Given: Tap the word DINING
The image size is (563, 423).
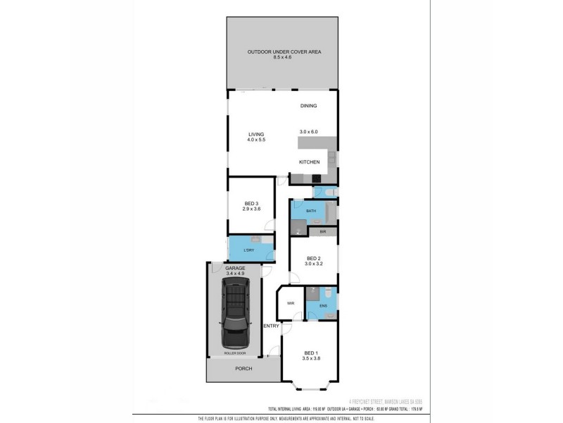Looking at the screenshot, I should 308,106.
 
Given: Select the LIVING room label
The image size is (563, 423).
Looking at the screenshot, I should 255,134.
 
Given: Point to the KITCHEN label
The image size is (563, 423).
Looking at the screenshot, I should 310,162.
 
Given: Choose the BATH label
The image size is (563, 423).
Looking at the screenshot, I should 310,211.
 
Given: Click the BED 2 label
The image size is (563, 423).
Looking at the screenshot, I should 313,259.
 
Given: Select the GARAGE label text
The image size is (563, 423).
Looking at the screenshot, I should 234,269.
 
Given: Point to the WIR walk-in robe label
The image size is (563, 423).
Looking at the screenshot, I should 291,303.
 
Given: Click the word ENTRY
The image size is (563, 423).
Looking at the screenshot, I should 271,326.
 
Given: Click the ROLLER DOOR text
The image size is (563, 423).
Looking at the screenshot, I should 234,352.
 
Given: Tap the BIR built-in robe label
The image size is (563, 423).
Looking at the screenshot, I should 322,232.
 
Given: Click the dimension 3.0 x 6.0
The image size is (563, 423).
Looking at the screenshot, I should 308,132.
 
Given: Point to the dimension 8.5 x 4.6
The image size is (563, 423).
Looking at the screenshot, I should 282,57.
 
